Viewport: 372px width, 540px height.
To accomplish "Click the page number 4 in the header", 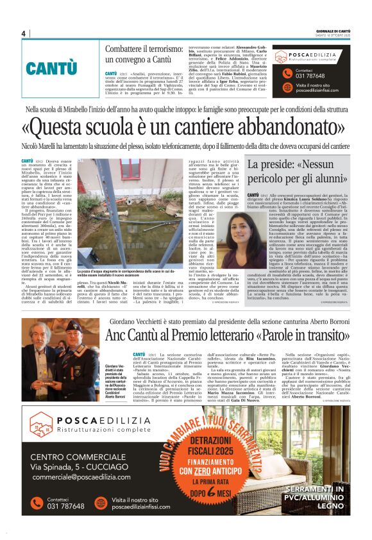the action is tap(22, 33).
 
